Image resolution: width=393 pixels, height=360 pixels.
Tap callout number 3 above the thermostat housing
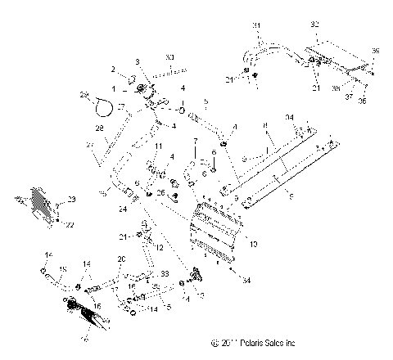pos(138,62)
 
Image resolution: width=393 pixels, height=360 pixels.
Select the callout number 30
pos(169,56)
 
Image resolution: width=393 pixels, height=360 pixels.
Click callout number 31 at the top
pos(255,26)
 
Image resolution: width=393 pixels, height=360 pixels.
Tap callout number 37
pos(350,94)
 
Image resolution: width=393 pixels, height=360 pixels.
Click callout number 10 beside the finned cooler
pos(253,243)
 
